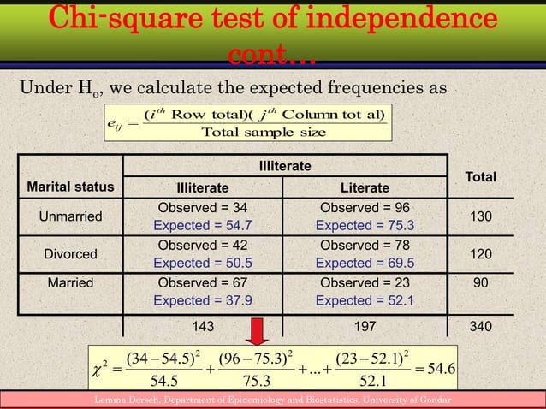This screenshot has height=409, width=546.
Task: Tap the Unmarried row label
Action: coord(68,217)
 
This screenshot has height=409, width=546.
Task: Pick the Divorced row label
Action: coord(68,254)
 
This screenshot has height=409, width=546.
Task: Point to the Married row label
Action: coord(68,282)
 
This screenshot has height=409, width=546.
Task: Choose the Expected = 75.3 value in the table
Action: coord(365,226)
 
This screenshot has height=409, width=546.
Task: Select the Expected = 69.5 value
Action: coord(365,264)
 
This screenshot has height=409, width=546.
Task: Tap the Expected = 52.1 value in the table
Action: coord(365,300)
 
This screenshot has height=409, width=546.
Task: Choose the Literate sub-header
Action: coord(365,188)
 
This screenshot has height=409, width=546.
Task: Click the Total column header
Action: coord(480,176)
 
